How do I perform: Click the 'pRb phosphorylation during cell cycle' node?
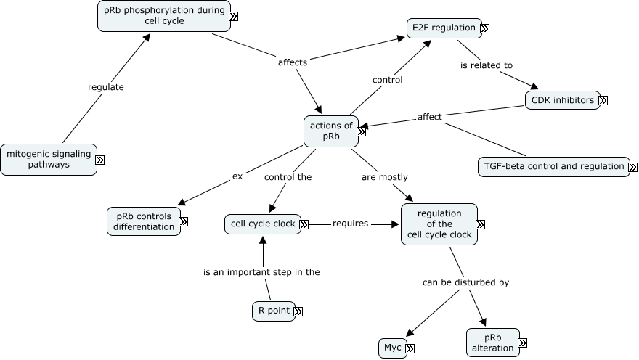tap(163, 15)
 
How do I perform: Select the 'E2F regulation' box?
tap(443, 28)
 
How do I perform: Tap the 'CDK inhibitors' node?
tap(562, 100)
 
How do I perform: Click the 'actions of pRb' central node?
tap(330, 131)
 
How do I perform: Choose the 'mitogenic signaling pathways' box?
tap(48, 159)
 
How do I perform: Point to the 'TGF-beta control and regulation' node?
tap(553, 166)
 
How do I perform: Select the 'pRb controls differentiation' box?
tap(143, 221)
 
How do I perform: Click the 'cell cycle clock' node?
tap(262, 224)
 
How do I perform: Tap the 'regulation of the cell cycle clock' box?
tap(439, 224)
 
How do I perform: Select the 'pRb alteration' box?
tap(492, 343)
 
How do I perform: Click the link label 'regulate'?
tap(106, 87)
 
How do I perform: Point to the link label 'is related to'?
tap(487, 65)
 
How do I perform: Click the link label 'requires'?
tap(350, 224)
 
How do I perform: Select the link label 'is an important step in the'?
tap(261, 272)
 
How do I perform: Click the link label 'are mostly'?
tap(384, 177)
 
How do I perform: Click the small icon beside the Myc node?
tap(410, 349)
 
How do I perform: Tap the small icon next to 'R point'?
tap(298, 311)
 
